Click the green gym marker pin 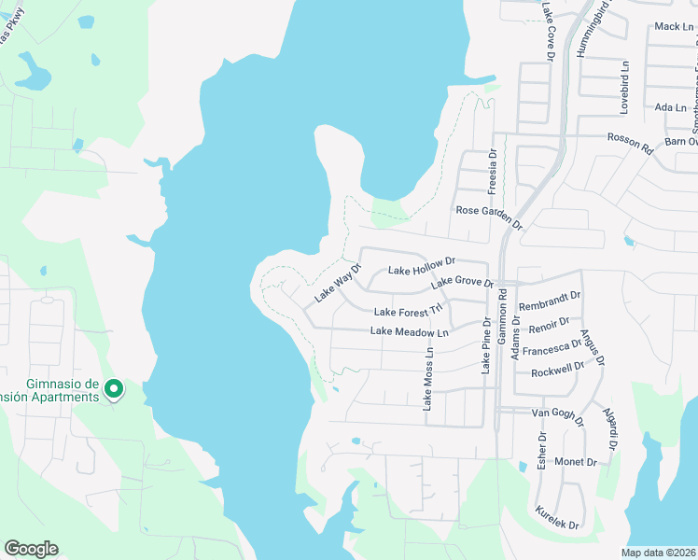tap(114, 388)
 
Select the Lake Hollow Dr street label tap(421, 267)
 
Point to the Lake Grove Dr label tap(461, 281)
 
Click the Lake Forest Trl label tap(407, 312)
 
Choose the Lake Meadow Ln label tap(410, 331)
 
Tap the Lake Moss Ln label tap(428, 380)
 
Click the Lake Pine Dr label tap(486, 345)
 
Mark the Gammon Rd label tap(502, 318)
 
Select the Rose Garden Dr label tap(489, 216)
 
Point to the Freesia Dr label tap(493, 168)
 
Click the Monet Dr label tap(575, 462)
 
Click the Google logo tap(31, 549)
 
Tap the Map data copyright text tap(658, 553)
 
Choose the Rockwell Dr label tap(556, 371)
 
